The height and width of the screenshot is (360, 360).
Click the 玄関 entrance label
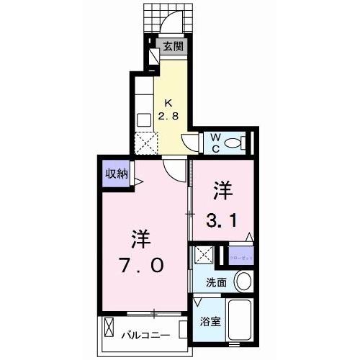coord(174,47)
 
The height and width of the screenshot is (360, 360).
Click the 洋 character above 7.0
coord(141,238)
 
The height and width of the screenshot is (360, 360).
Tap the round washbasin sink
coord(244,282)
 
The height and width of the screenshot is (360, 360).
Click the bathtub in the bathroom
coord(240,322)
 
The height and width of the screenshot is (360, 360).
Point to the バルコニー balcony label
coord(145,333)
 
